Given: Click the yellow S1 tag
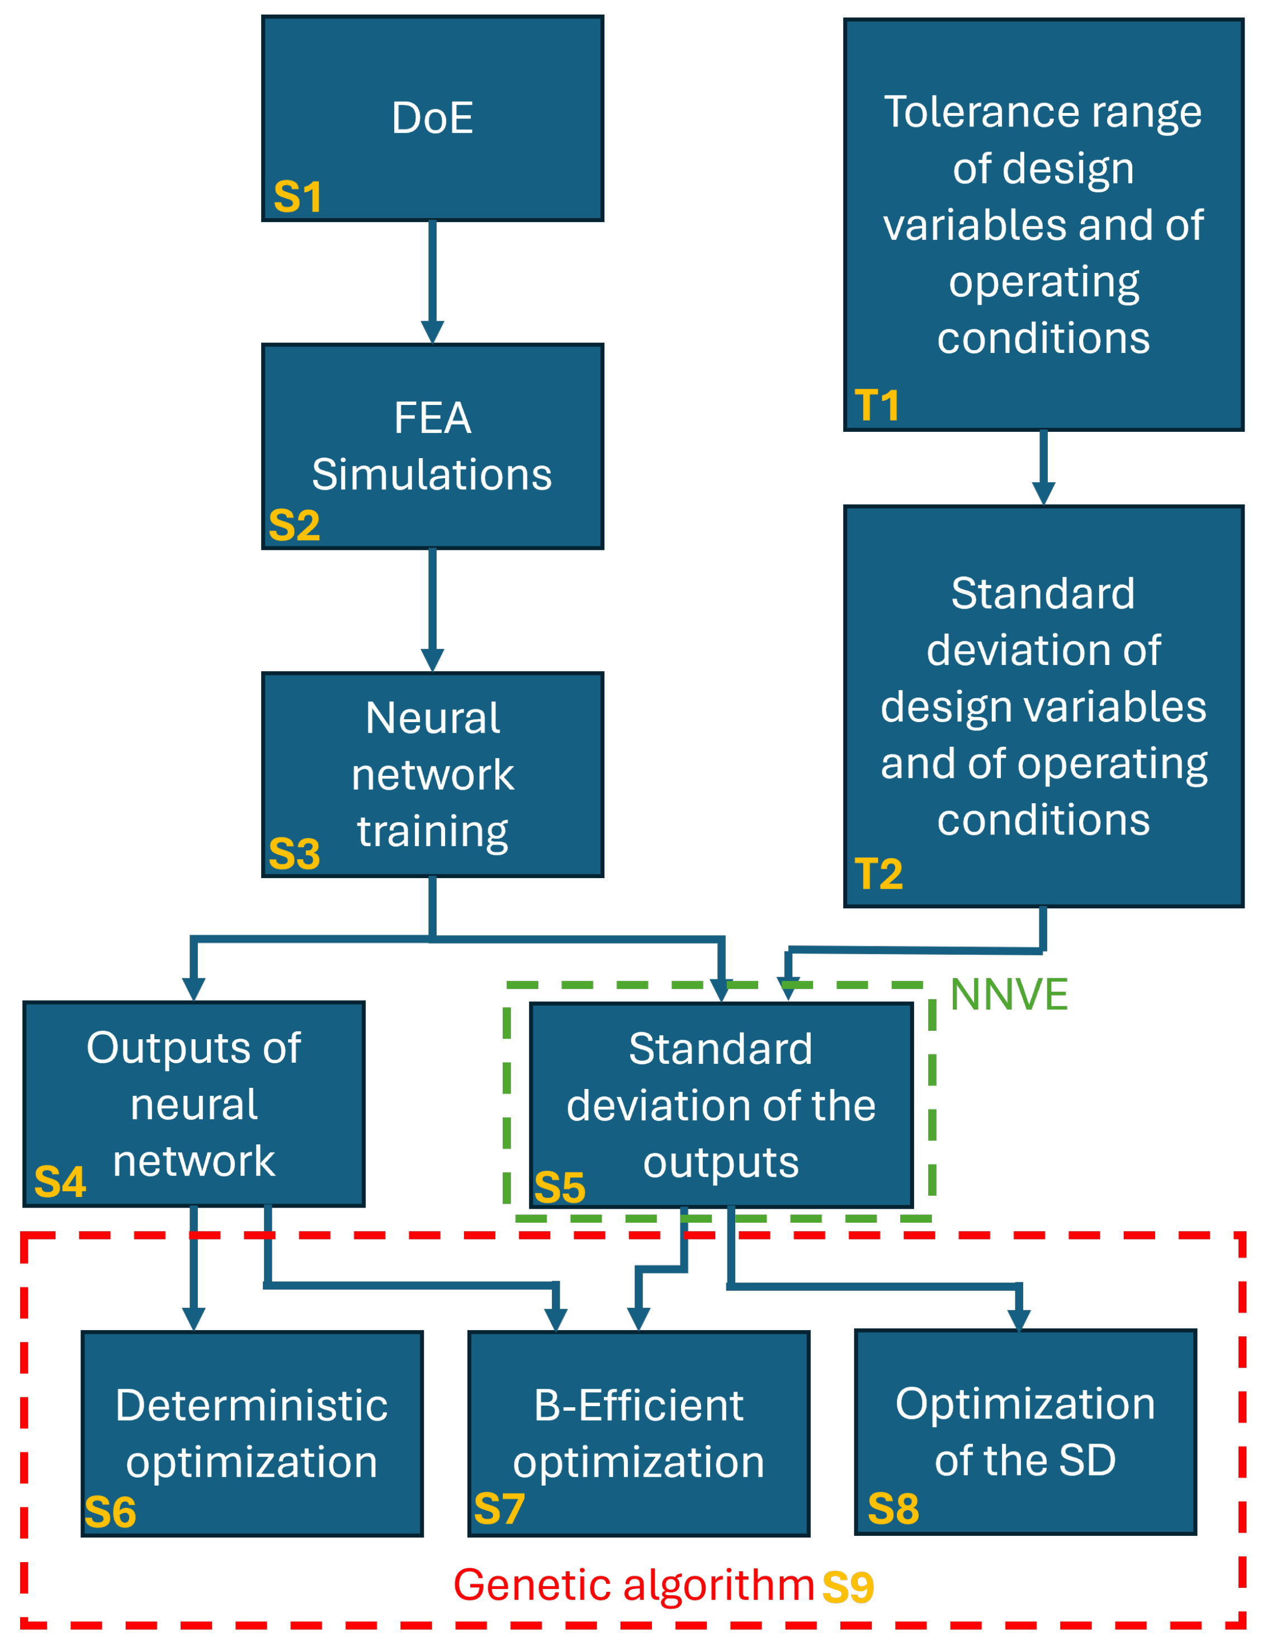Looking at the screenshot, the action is [x=297, y=197].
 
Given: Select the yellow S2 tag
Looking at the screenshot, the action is [x=294, y=525].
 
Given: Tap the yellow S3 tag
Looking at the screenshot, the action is [x=294, y=854].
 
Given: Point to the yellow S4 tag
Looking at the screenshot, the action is [x=60, y=1181].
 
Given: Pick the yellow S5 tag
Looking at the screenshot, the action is [x=560, y=1187].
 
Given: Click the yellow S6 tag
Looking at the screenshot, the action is [x=110, y=1513].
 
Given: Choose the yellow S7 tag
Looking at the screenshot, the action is [x=499, y=1509].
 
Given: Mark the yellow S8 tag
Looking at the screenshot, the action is [x=893, y=1509].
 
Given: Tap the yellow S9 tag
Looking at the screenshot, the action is [x=848, y=1587].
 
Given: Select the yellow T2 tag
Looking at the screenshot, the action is [x=878, y=874].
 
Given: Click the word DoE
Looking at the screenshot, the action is [x=433, y=119].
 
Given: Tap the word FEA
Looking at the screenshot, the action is [x=433, y=418].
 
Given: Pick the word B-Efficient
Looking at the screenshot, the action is [x=639, y=1406].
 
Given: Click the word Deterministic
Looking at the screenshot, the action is [x=252, y=1406].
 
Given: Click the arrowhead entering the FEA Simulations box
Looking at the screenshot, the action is [x=432, y=332].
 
